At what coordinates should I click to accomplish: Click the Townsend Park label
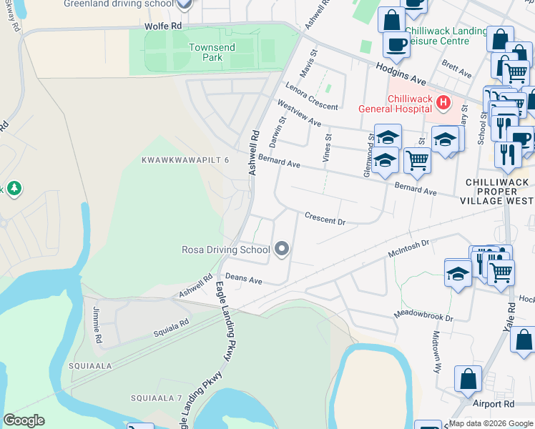coord(207,51)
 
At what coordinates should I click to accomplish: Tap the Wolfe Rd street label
coord(162,25)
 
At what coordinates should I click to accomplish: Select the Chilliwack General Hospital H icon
coord(443,103)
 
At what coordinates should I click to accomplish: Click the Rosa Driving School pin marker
coord(282,249)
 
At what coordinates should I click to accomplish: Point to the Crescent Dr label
coord(325,218)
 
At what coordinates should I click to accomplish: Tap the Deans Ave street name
coord(243,278)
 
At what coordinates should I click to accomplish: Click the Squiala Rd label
coord(171,328)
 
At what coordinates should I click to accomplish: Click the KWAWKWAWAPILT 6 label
coord(185,159)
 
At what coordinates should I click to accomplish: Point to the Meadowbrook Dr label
coord(423,315)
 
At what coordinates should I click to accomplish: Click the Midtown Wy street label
coord(436,351)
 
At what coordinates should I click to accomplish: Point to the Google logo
coord(24,420)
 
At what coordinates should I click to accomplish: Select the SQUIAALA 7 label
coord(157,397)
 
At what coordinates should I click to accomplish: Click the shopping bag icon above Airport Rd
coord(468,379)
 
